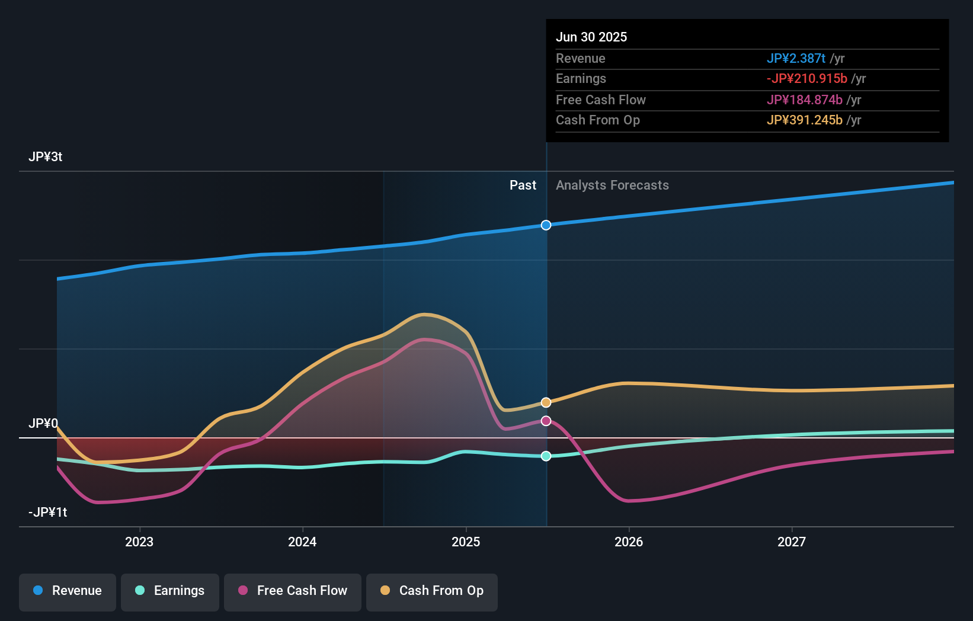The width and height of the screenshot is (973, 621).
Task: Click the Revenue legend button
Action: point(68,591)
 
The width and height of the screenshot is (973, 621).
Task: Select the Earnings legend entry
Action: point(170,591)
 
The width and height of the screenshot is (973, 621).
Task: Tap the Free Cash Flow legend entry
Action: point(293,591)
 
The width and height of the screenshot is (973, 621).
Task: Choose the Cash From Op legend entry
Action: point(432,591)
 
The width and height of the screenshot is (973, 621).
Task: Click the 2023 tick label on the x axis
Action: point(139,542)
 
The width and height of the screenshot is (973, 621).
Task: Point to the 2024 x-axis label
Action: point(302,542)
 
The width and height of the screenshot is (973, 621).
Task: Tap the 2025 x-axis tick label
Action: point(466,542)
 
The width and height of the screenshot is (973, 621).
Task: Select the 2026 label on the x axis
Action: point(629,542)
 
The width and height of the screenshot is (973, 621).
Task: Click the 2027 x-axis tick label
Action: point(792,542)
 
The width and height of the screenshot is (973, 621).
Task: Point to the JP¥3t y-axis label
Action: point(46,157)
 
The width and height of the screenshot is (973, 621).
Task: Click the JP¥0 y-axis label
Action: point(43,424)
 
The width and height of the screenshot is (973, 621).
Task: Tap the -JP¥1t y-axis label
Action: point(48,513)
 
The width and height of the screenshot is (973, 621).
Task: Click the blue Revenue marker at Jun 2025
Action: point(546,225)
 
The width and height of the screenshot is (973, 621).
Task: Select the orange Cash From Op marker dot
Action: point(546,402)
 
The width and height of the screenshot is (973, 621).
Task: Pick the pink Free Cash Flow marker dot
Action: point(546,421)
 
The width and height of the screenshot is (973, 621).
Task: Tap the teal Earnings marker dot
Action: point(546,456)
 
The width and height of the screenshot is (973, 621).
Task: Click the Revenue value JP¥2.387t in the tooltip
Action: point(796,59)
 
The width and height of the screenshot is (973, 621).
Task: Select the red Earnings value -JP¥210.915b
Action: point(806,79)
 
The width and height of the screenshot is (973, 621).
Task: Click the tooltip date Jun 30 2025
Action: point(591,37)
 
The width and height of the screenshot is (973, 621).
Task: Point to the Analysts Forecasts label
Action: point(612,185)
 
